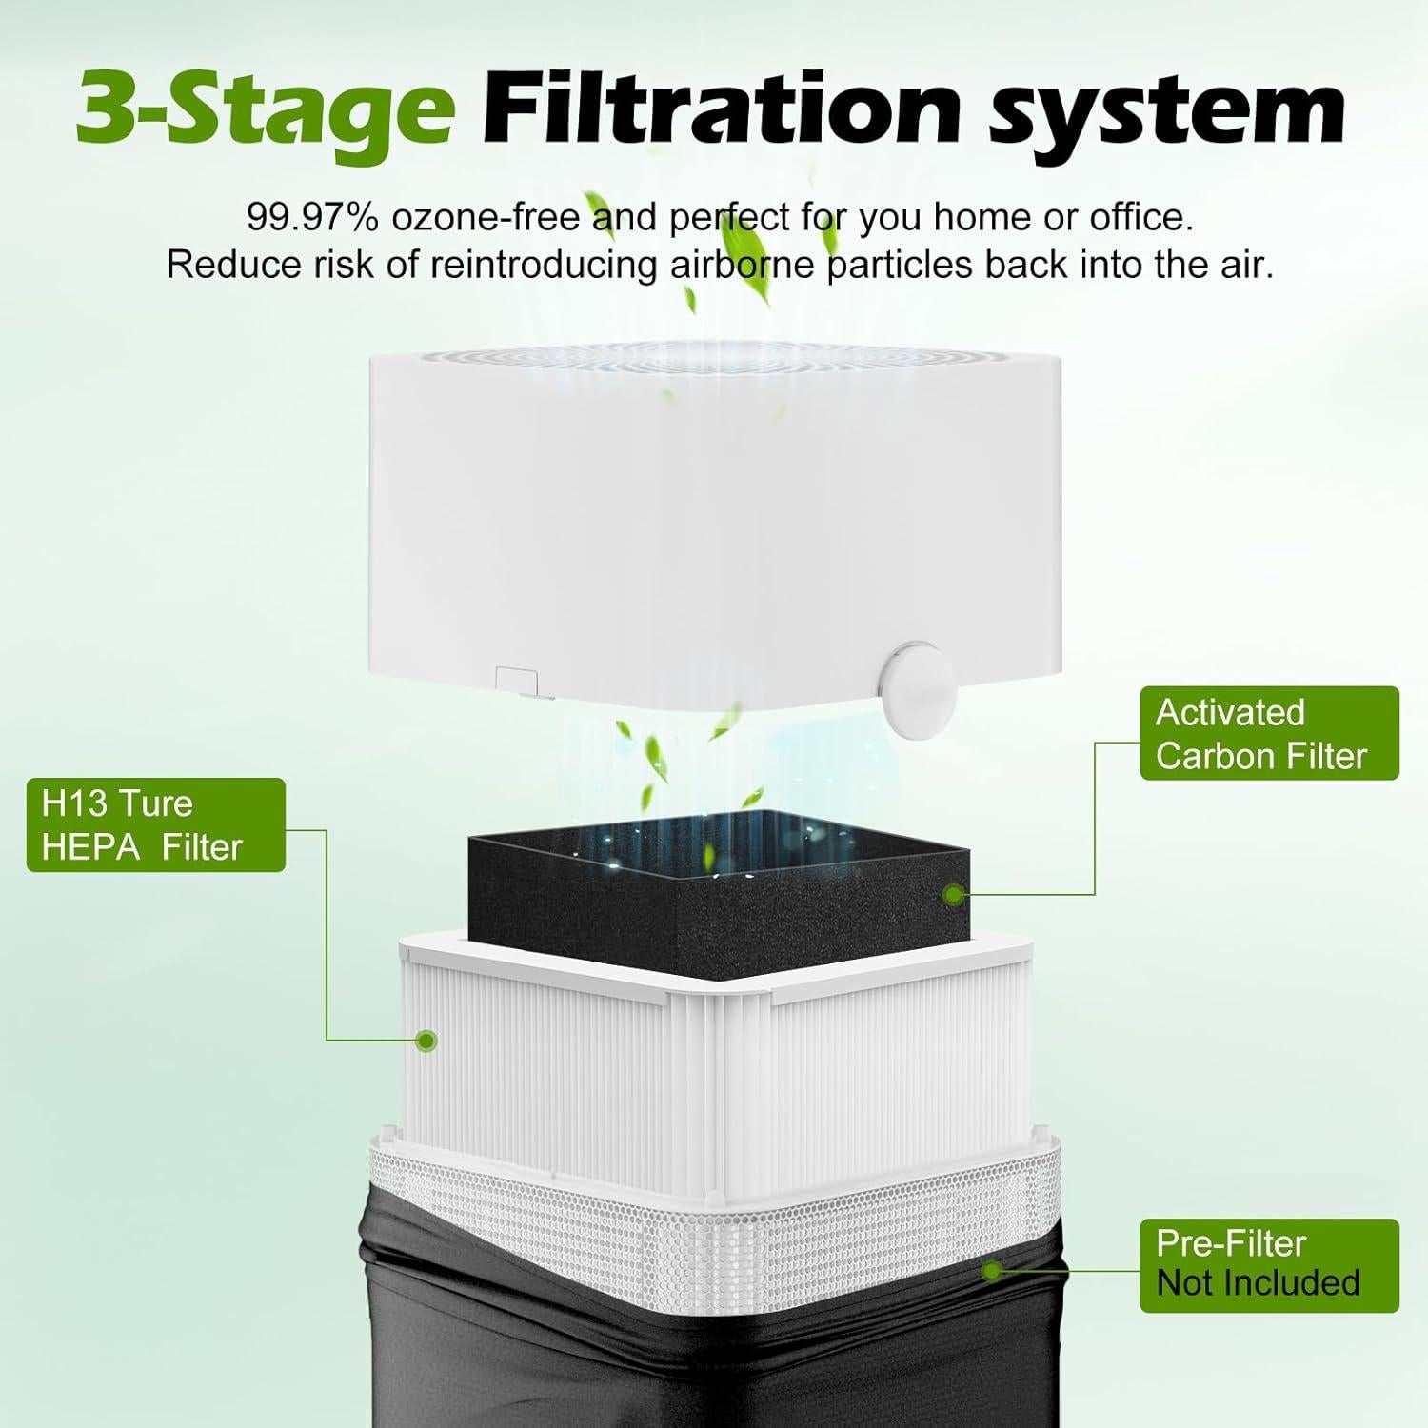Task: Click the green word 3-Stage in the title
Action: (x=265, y=109)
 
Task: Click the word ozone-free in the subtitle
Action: (x=486, y=218)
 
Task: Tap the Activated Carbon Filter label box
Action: (x=1269, y=733)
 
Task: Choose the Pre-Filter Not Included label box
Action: (x=1269, y=1265)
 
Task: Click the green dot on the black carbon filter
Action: (x=953, y=894)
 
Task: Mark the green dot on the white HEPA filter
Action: (x=428, y=1040)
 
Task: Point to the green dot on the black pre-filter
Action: (x=992, y=1270)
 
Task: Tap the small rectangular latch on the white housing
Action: (x=517, y=681)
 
